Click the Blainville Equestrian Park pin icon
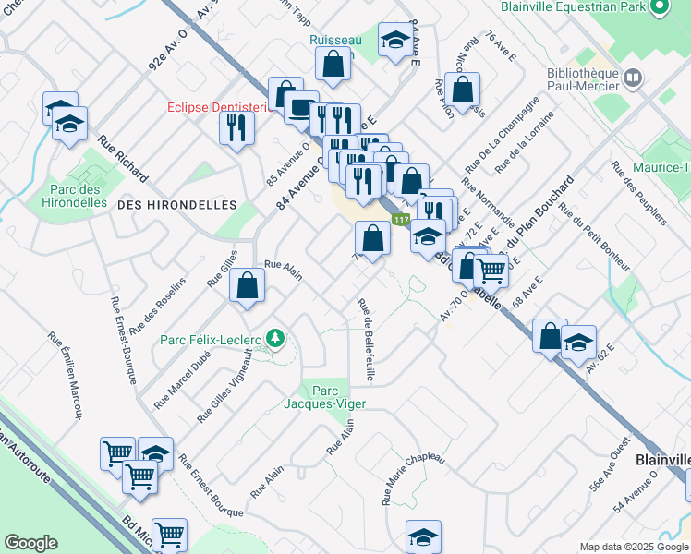[x=660, y=7]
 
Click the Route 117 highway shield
[x=400, y=220]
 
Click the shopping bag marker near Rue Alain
[x=248, y=286]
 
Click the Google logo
[x=30, y=543]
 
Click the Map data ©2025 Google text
[x=634, y=547]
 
